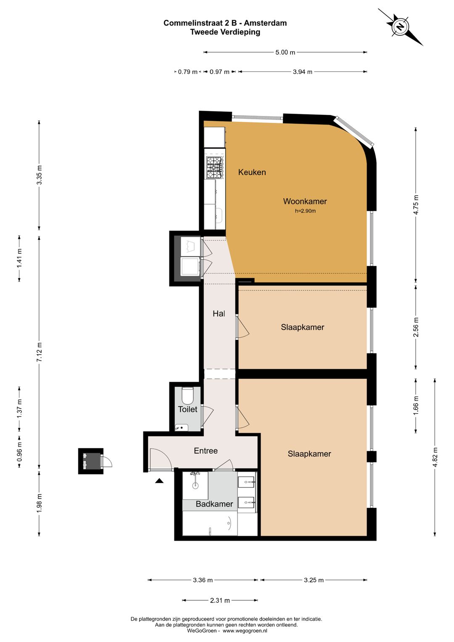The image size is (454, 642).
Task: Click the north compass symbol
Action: pos(400,27)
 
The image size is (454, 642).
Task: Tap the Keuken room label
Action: pos(252,172)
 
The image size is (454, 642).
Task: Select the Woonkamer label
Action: pos(305,201)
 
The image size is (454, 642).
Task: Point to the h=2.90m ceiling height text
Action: pos(305,211)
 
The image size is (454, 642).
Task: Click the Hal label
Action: pos(219,313)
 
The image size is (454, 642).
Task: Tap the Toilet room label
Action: pos(187,409)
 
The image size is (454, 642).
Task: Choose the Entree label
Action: pos(206,451)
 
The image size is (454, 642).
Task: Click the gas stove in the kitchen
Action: pos(214,167)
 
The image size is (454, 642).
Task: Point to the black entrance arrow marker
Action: pos(159,480)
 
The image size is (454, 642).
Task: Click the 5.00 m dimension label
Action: pos(285,53)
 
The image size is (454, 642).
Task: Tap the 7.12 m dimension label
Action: pos(39,352)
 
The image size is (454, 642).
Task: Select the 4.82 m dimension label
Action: pos(435,457)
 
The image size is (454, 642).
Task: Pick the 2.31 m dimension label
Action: pos(220,600)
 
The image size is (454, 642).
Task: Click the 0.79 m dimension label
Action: pos(187,72)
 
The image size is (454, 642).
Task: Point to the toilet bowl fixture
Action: pos(188,395)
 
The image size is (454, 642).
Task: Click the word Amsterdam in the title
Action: pos(265,23)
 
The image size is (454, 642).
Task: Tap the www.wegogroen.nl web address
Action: pos(245,631)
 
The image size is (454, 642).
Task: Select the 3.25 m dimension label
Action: pos(314,581)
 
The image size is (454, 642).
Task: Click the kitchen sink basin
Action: pos(219,215)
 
